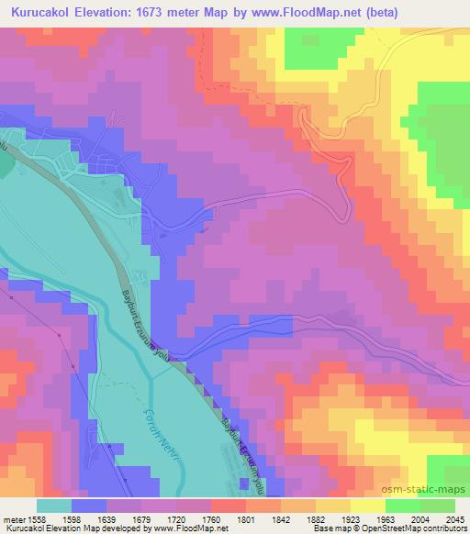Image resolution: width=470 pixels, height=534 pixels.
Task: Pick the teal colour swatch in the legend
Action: [x=53, y=505]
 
